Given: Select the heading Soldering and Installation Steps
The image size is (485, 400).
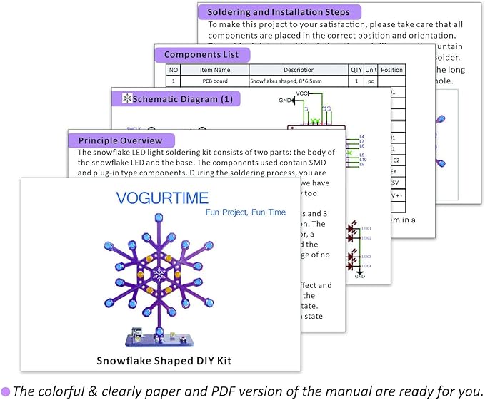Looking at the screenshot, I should tap(279, 12).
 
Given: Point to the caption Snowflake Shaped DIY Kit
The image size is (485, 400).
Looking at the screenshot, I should tap(164, 360).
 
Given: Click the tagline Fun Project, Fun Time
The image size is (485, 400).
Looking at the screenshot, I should tap(236, 212).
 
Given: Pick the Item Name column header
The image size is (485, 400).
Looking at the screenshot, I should tap(214, 70).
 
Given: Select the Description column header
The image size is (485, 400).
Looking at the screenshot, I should tap(299, 70).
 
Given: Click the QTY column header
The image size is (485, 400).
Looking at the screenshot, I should tap(356, 70).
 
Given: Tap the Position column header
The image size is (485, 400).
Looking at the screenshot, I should tap(392, 70).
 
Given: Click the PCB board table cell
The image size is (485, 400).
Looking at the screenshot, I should tap(214, 82).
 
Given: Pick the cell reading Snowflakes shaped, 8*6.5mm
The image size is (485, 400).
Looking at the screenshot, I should tap(299, 82).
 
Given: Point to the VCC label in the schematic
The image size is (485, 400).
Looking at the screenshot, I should tap(302, 93).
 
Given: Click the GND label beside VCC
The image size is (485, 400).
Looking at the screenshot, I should tap(285, 101).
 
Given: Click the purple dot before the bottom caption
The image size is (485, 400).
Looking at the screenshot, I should tap(6, 391).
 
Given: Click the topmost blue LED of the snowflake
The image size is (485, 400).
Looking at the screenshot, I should tap(159, 217).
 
